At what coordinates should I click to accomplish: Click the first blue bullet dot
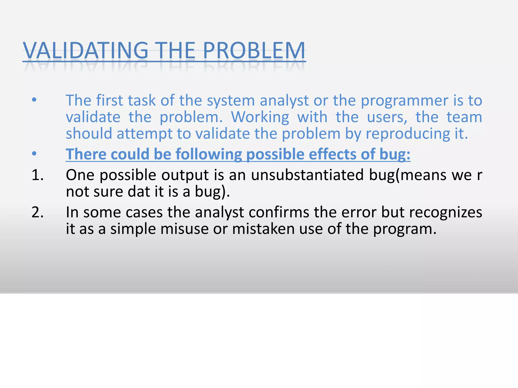coord(34,100)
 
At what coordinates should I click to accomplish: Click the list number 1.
coord(37,175)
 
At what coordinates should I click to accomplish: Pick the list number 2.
coord(37,212)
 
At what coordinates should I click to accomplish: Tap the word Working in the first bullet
coord(260,117)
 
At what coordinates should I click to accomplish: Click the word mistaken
coord(263,229)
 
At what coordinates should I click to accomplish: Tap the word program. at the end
coord(405,229)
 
